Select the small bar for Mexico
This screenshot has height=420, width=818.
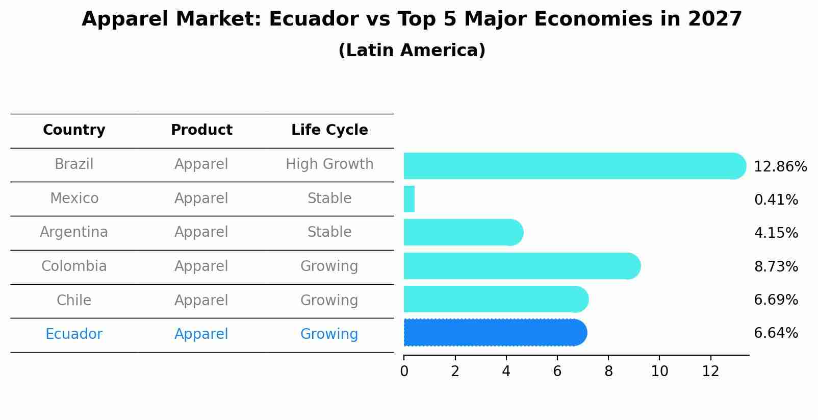tap(409, 199)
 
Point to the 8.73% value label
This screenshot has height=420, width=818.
tap(776, 266)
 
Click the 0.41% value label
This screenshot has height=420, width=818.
tap(776, 200)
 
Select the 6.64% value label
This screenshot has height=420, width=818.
tap(776, 333)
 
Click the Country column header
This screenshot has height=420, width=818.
tap(74, 130)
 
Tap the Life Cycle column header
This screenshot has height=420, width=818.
tap(329, 130)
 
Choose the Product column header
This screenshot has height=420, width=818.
tap(201, 130)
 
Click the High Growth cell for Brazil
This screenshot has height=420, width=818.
tap(329, 164)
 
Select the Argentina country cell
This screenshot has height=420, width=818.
tap(74, 232)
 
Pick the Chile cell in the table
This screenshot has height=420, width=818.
tap(74, 300)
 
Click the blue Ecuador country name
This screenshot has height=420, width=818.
tap(74, 334)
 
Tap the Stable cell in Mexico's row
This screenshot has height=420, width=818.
tap(329, 199)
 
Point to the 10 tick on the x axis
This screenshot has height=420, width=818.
tap(659, 372)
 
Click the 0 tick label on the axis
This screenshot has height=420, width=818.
tap(404, 372)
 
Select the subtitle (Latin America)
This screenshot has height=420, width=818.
tap(412, 51)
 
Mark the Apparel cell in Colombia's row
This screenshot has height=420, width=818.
tap(201, 266)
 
